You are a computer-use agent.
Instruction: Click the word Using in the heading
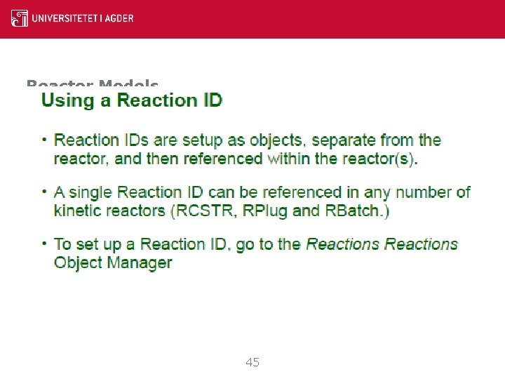point(67,100)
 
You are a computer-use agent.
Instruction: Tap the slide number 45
point(252,363)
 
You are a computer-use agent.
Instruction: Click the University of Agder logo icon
point(20,18)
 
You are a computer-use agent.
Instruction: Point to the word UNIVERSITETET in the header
point(65,18)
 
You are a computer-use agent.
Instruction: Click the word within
point(293,159)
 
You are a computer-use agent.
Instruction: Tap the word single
point(93,192)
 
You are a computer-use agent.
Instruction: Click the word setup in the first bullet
point(205,140)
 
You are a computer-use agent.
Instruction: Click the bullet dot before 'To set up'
point(44,243)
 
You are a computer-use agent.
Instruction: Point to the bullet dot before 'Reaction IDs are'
point(44,139)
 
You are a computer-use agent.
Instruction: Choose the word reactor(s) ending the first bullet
point(379,159)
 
